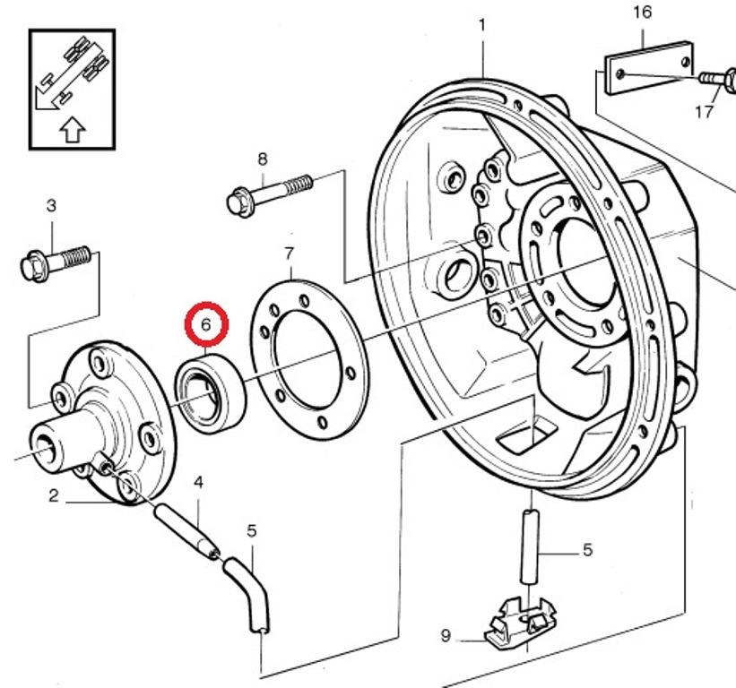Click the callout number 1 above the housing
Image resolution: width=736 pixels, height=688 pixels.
click(x=482, y=25)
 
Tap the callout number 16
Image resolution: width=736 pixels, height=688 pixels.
click(x=643, y=13)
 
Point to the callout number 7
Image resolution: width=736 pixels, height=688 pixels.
click(x=290, y=253)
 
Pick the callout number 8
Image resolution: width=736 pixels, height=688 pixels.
click(x=262, y=159)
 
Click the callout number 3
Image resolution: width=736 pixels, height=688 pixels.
click(x=51, y=206)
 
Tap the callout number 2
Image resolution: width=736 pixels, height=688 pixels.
click(x=54, y=495)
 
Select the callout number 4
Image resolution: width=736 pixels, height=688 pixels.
click(x=198, y=483)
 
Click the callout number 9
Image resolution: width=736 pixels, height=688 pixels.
click(x=446, y=637)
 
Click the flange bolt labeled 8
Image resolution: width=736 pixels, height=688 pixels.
click(x=270, y=193)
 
